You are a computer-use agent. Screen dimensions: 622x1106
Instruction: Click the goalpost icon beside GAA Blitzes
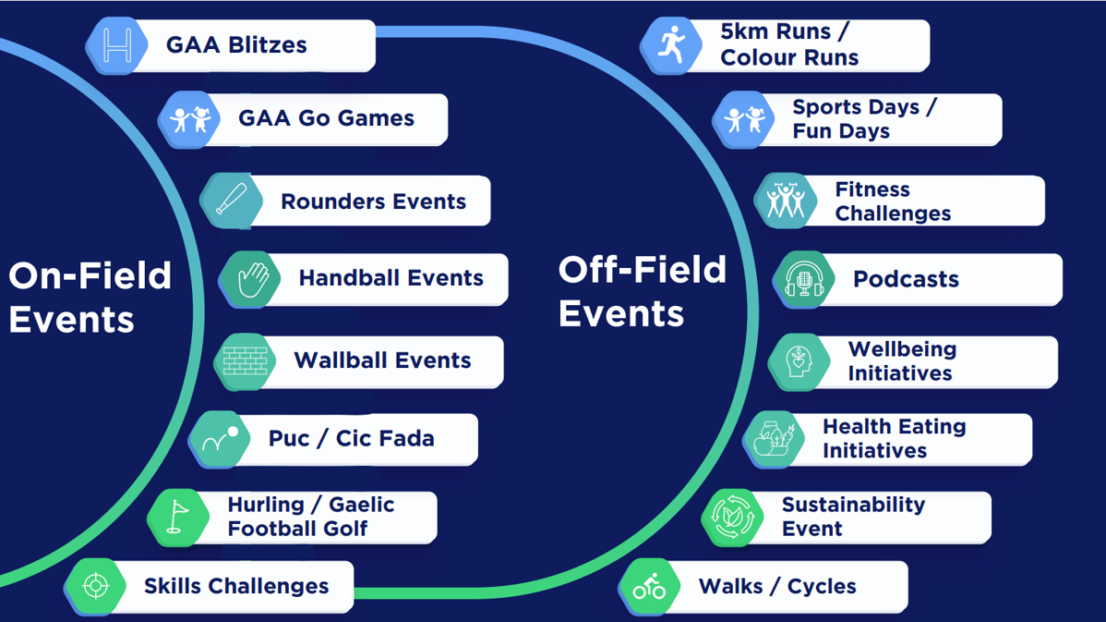point(117,45)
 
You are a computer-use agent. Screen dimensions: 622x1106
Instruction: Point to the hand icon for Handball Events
point(252,278)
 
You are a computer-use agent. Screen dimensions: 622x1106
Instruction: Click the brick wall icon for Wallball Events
point(245,360)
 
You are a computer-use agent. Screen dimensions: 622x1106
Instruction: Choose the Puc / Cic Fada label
point(351,438)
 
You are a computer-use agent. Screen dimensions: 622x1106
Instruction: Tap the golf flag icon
point(177,517)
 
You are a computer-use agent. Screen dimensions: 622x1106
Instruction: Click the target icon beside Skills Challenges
point(96,586)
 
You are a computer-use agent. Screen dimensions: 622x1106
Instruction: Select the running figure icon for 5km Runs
point(671,44)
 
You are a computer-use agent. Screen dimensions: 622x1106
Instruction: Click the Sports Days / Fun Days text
point(863,119)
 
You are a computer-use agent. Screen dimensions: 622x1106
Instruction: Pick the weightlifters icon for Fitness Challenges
point(786,201)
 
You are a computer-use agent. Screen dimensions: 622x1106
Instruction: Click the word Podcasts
point(906,279)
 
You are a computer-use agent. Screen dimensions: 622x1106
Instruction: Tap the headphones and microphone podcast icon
point(804,279)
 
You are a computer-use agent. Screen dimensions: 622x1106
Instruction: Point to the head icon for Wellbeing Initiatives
point(799,361)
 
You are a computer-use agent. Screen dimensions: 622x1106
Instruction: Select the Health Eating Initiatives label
point(894,439)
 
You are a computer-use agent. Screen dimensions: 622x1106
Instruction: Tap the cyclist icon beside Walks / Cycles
point(650,586)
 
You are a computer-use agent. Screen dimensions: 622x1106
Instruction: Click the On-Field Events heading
point(90,298)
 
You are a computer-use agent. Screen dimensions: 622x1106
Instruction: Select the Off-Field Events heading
point(642,291)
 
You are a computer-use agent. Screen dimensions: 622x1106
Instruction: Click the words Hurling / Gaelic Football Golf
point(310,517)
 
